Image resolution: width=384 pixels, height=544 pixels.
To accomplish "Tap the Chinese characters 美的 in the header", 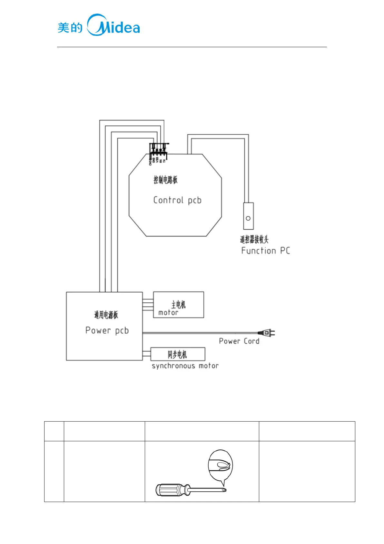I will [x=70, y=28].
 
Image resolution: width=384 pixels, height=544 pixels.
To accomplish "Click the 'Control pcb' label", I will [x=177, y=200].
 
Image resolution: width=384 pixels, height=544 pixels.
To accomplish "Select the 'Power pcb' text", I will [x=107, y=330].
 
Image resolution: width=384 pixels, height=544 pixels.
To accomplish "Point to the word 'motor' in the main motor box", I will [x=168, y=313].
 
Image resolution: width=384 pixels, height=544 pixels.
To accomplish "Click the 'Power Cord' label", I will [x=239, y=341].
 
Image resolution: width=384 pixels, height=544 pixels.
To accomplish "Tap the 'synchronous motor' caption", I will [x=185, y=366].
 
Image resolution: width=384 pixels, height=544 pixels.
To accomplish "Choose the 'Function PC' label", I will [x=265, y=251].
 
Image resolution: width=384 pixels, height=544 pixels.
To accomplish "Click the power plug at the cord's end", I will [x=267, y=332].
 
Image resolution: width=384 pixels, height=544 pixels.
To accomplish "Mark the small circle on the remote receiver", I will [x=248, y=218].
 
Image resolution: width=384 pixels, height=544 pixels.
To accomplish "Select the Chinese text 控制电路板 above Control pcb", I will [x=165, y=180].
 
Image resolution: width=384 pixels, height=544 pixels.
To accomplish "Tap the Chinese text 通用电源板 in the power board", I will [x=106, y=315].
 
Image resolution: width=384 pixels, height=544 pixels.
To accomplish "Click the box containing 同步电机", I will [x=178, y=354].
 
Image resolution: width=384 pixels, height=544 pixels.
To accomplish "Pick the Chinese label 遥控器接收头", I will [x=254, y=239].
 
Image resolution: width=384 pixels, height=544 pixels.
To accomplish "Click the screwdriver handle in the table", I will [x=169, y=490].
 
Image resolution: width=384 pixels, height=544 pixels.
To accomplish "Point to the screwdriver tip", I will [x=225, y=490].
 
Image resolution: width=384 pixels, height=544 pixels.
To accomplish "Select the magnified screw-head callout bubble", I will [x=220, y=466].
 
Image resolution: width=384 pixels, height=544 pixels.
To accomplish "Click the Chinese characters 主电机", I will [x=178, y=304].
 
